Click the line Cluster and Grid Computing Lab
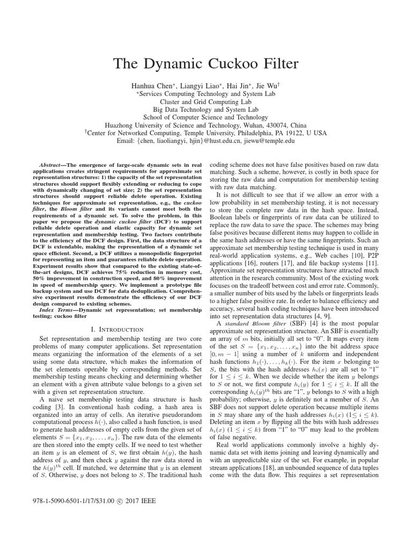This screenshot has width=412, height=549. tap(205, 101)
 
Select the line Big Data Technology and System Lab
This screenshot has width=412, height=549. tap(205, 109)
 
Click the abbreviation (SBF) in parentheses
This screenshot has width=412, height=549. tap(293, 324)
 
